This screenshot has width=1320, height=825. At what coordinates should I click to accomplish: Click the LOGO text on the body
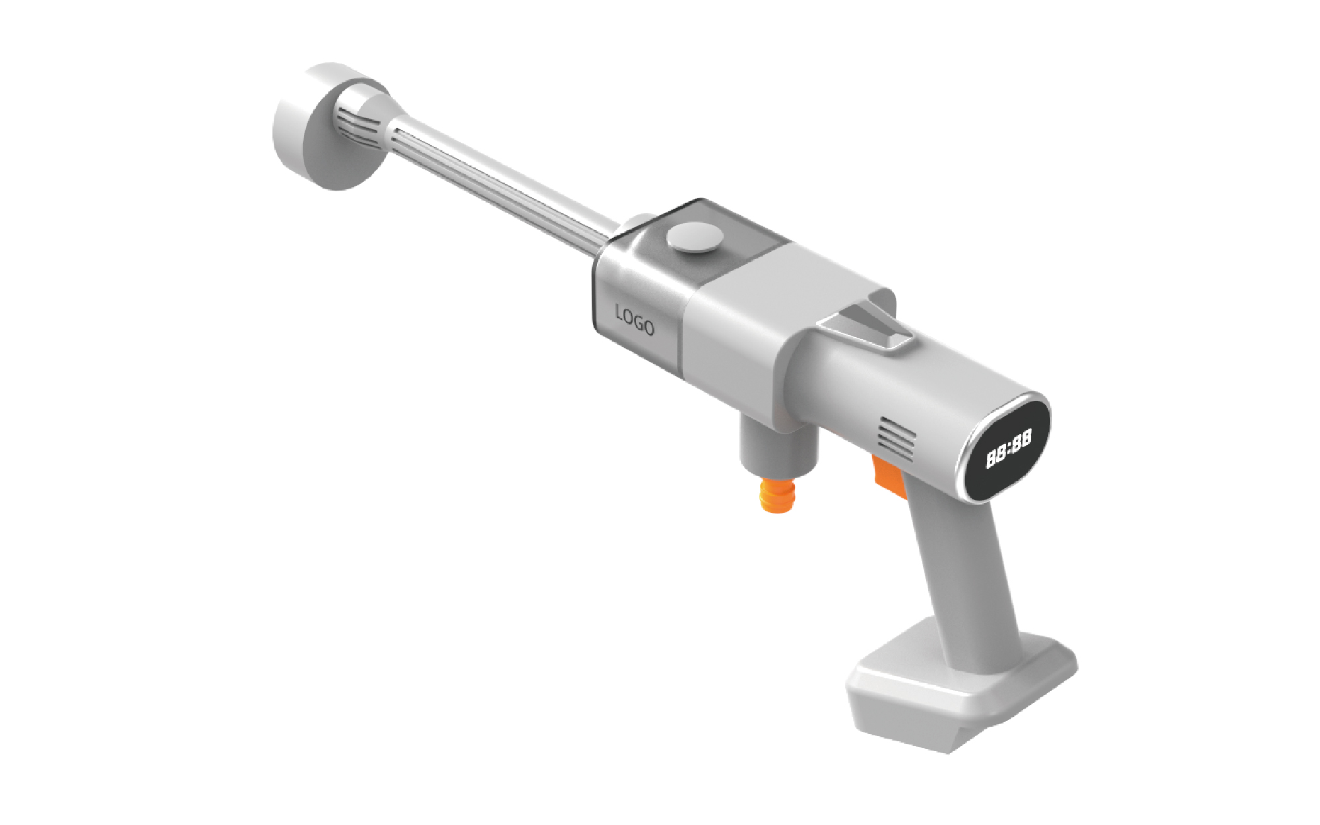pos(635,321)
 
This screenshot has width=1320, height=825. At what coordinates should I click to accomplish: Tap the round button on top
pos(692,239)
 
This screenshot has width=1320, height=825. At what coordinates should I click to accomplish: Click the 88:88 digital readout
pos(1009,450)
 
